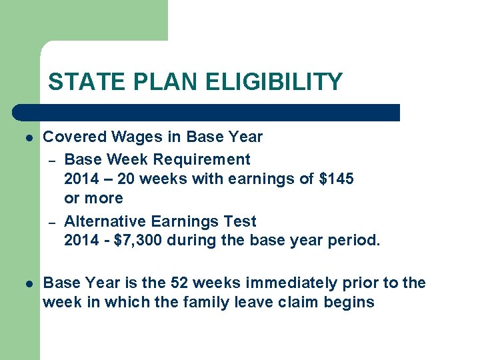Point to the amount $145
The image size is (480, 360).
point(336,179)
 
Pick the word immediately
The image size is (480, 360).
point(285,283)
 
